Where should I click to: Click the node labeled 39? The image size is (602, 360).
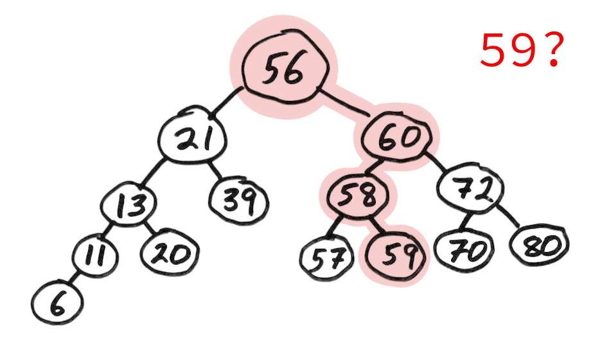[x=239, y=200]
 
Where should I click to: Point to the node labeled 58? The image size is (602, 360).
[x=357, y=195]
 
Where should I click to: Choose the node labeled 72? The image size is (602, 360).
[x=471, y=187]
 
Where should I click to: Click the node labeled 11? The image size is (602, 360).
[x=94, y=255]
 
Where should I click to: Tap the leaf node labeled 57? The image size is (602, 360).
[x=326, y=257]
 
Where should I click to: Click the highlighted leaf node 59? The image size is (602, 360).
[x=396, y=255]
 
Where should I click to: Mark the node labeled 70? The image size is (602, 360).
[x=464, y=249]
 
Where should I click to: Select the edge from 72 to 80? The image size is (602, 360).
[x=508, y=215]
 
